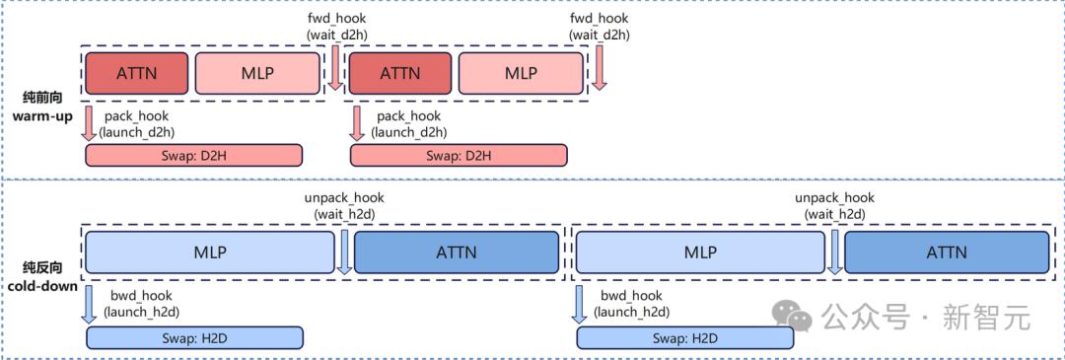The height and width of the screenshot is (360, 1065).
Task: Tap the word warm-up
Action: point(37,115)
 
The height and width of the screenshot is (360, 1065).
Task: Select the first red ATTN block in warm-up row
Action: point(136,73)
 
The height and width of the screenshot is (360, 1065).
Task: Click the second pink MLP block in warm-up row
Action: point(521,73)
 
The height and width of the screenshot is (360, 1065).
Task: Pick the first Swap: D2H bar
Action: point(193,155)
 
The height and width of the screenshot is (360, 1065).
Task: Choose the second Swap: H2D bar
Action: point(684,337)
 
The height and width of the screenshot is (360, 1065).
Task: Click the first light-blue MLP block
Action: point(210,252)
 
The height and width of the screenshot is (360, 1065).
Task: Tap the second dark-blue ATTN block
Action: point(947,252)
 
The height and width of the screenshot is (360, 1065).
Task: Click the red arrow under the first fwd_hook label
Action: point(335,68)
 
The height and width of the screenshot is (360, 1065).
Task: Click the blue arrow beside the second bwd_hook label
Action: point(579,303)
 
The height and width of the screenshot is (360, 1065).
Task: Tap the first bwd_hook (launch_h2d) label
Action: point(141,303)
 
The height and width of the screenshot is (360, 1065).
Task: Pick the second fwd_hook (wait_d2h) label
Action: point(600,26)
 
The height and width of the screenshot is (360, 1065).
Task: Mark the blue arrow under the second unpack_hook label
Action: point(835,252)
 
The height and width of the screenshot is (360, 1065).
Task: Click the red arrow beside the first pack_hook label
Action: point(89,123)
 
